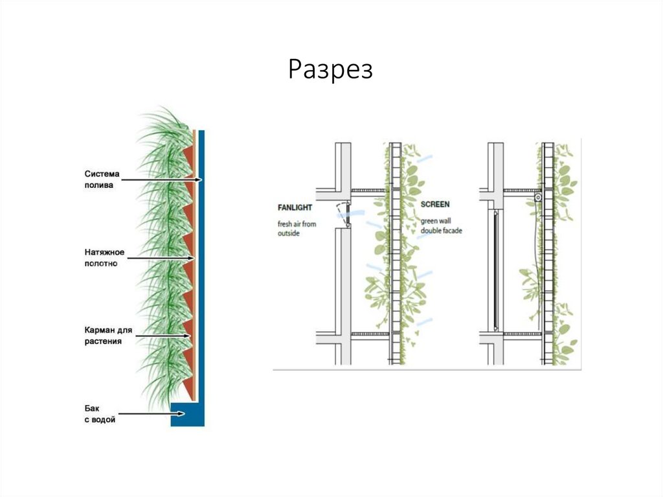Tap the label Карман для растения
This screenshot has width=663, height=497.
point(107,336)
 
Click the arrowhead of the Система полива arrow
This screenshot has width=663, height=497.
point(201,179)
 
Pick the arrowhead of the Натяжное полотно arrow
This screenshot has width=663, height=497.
point(192,259)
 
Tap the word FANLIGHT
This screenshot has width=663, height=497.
point(295,207)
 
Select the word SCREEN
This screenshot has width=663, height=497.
point(435,204)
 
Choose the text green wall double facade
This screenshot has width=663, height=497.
point(441,225)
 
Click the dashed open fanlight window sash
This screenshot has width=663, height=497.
point(341,214)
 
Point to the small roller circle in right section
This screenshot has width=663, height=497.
point(537,196)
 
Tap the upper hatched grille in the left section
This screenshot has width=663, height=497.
point(369,191)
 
